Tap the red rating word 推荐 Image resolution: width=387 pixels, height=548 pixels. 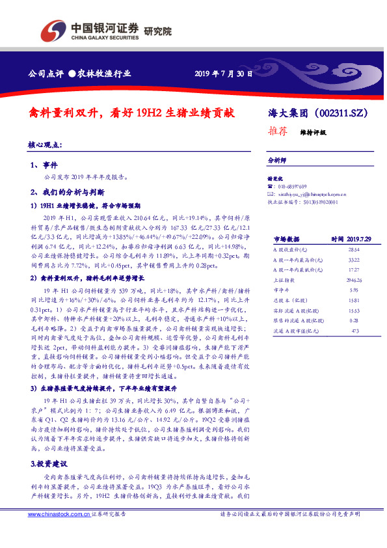pyautogui.click(x=279, y=131)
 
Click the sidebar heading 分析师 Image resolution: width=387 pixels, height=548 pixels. pyautogui.click(x=278, y=159)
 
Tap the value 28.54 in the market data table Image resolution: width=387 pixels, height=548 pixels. pyautogui.click(x=354, y=249)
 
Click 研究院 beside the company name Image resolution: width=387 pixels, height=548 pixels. pyautogui.click(x=157, y=30)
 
